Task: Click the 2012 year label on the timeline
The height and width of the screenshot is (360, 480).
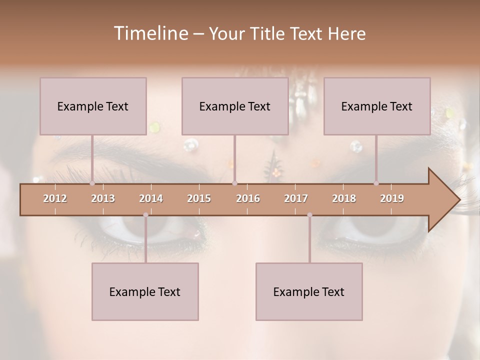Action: [55, 198]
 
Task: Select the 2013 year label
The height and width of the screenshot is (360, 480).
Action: [103, 198]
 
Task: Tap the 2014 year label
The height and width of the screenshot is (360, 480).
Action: [151, 198]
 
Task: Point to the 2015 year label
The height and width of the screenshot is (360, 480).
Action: [199, 198]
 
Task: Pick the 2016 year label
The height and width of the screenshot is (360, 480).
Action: [248, 198]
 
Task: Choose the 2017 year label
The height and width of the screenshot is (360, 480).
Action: [296, 198]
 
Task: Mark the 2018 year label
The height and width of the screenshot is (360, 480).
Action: [344, 198]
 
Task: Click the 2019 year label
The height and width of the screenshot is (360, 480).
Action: [392, 198]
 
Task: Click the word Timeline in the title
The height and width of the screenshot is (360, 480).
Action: [150, 33]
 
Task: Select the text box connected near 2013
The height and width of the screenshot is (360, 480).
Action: [93, 106]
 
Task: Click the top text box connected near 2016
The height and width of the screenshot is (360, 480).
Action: [235, 106]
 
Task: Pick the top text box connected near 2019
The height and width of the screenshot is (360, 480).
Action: [377, 106]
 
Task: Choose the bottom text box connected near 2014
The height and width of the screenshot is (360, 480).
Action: [145, 291]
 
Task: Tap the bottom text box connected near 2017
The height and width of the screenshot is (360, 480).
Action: [309, 291]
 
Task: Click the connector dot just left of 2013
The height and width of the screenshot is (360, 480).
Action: [92, 183]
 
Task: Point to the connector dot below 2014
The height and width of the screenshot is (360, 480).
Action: [145, 215]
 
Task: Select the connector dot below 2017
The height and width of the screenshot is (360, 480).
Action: [309, 215]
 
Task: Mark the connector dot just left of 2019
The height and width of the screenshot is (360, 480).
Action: [376, 183]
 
